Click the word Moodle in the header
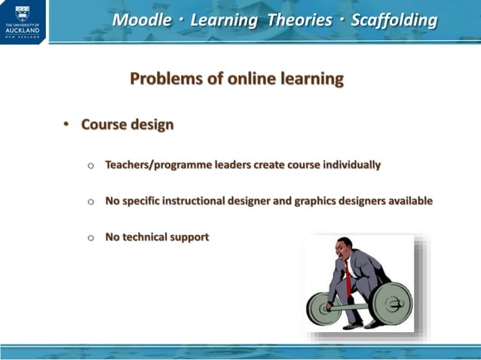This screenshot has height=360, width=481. (x=141, y=20)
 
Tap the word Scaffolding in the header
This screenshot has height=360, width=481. (x=394, y=20)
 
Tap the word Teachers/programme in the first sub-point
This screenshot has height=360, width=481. (x=155, y=165)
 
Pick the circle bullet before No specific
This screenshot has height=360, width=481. (x=91, y=202)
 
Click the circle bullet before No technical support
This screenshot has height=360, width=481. (x=91, y=238)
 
